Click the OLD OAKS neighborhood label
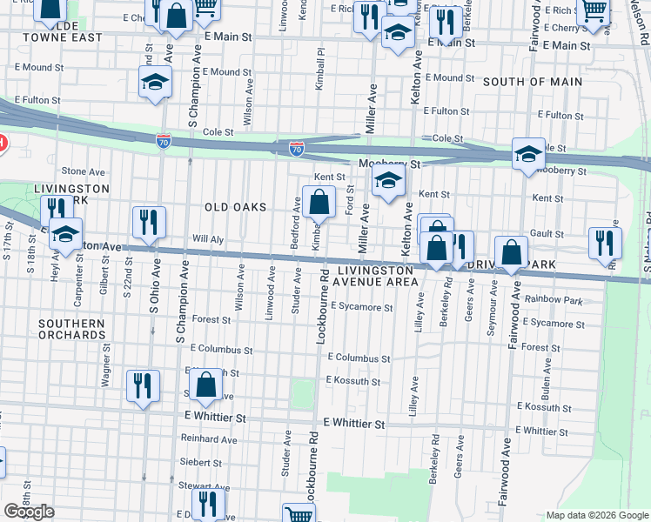click(x=236, y=207)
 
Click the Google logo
click(x=29, y=512)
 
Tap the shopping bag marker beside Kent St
click(x=319, y=203)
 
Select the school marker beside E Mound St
click(x=154, y=84)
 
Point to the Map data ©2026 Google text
click(x=596, y=515)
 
